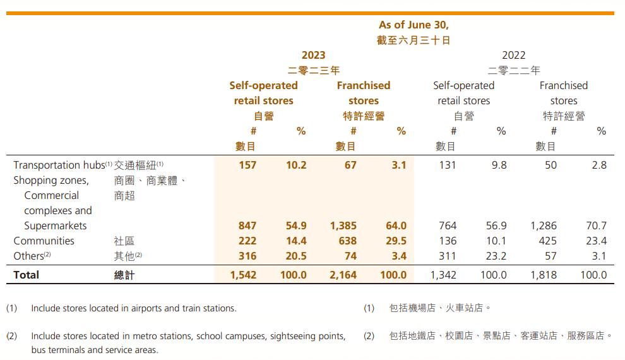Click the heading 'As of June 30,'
point(414,25)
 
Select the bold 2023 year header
point(313,56)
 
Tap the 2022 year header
point(513,56)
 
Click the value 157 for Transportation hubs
point(247,165)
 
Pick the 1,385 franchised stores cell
point(343,225)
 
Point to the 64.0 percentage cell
point(395,225)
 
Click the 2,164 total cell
point(343,275)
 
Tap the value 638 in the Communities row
point(347,241)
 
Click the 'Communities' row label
point(44,241)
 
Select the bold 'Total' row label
point(26,275)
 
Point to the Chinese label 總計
point(124,275)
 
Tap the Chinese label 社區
point(124,241)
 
